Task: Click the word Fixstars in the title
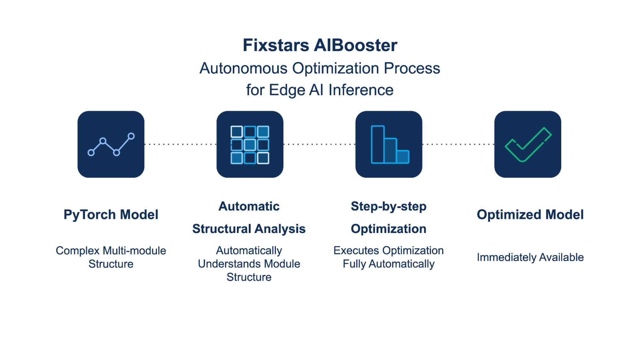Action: [276, 45]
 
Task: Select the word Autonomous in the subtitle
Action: [243, 68]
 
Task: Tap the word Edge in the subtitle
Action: [287, 90]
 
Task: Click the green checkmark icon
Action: [528, 145]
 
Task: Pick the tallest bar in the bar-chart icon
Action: [377, 145]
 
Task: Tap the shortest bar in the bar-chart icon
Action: [403, 157]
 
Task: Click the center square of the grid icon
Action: [250, 145]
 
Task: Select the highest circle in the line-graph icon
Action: [131, 136]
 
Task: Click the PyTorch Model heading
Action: [111, 214]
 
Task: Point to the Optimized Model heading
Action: [530, 214]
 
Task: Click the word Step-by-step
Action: [388, 206]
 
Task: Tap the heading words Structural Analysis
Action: [249, 229]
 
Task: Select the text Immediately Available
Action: [530, 257]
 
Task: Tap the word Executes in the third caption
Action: [356, 251]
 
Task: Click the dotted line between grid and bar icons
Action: [319, 144]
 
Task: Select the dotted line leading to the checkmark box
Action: [458, 144]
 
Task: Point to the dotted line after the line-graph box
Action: [180, 144]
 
